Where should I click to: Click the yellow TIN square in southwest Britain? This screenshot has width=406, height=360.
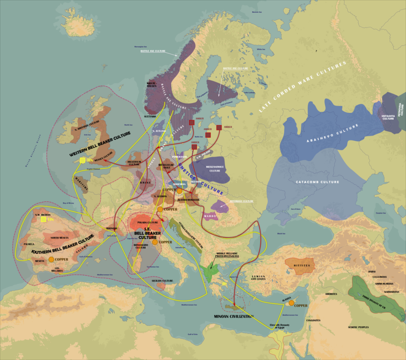pyautogui.click(x=82, y=160)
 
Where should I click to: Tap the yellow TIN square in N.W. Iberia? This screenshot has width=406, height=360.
pyautogui.click(x=43, y=219)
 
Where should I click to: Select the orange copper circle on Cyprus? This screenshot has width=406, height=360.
pyautogui.click(x=291, y=303)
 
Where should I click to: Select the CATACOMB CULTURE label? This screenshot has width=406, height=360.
pyautogui.click(x=318, y=182)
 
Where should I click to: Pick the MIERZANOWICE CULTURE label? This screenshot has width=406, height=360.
pyautogui.click(x=214, y=169)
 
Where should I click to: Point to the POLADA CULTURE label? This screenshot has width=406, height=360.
pyautogui.click(x=147, y=222)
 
